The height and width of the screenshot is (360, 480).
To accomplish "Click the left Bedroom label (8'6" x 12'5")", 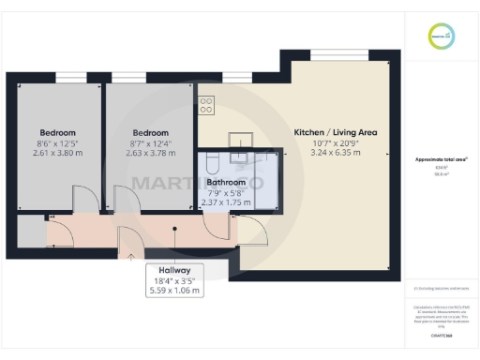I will pos(57,132).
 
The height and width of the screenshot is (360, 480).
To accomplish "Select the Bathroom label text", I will pos(226,182).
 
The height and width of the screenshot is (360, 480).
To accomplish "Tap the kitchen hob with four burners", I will pos(207,104).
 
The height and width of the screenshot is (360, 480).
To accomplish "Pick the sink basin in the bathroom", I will pos(238,159).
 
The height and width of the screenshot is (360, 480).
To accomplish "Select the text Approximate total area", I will pos(442,159).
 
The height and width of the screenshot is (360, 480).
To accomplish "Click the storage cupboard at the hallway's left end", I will pos(31,232).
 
